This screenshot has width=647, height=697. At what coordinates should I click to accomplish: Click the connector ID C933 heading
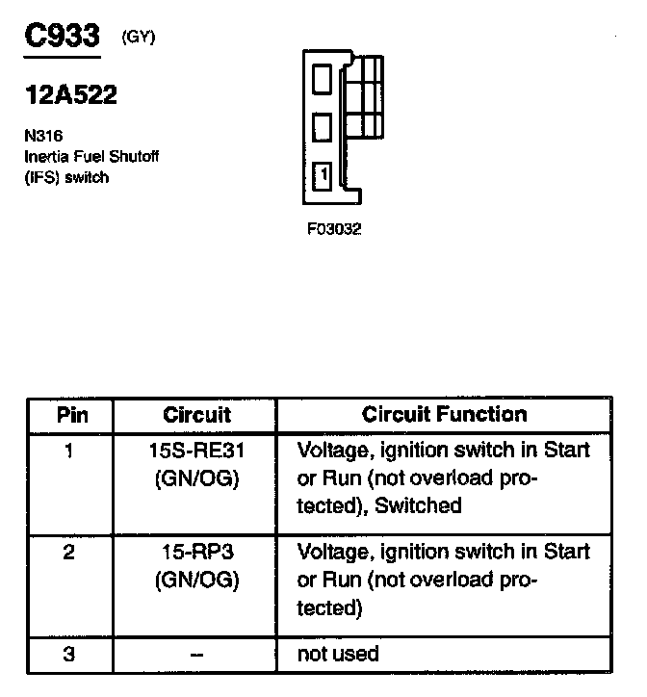click(61, 37)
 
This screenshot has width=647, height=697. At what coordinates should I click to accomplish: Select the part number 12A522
click(70, 95)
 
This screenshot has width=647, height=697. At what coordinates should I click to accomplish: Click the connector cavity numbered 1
click(323, 176)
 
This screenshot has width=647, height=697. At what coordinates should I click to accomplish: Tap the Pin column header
click(70, 415)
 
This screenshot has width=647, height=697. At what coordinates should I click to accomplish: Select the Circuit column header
click(196, 415)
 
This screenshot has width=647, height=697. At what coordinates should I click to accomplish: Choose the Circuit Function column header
click(444, 414)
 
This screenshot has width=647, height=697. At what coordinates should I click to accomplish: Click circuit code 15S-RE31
click(195, 450)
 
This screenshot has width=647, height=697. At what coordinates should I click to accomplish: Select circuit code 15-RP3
click(195, 553)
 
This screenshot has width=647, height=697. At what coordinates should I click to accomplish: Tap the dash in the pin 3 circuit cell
click(195, 656)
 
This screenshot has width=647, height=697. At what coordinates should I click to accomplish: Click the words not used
click(338, 655)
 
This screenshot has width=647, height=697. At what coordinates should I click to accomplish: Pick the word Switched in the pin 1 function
click(419, 505)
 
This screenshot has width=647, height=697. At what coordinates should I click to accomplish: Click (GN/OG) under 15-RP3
click(195, 580)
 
